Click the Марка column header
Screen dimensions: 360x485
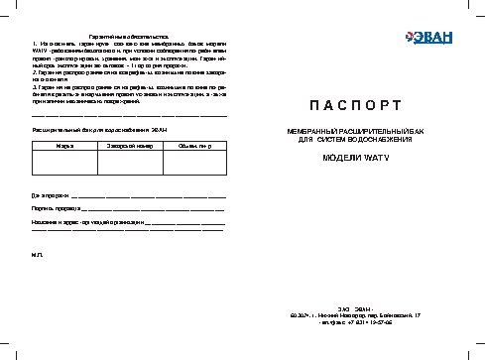pos(64,145)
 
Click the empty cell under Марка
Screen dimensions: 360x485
pos(64,163)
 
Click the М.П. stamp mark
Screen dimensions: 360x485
pos(38,255)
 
